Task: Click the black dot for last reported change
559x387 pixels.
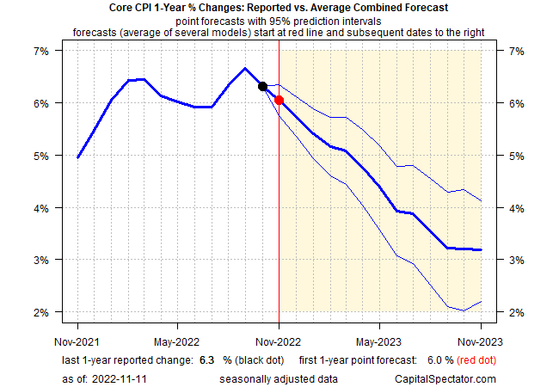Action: pyautogui.click(x=262, y=86)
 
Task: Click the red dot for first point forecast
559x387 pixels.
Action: pyautogui.click(x=279, y=100)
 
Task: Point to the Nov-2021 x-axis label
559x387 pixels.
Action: pyautogui.click(x=77, y=327)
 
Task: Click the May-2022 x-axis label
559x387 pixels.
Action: pyautogui.click(x=177, y=327)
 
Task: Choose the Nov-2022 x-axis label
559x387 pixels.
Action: pyautogui.click(x=279, y=327)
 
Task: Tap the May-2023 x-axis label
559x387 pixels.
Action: pyautogui.click(x=379, y=327)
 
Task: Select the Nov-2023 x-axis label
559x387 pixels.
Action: pyautogui.click(x=480, y=327)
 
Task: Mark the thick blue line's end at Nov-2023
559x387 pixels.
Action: pyautogui.click(x=480, y=249)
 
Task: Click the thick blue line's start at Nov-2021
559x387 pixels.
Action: pyautogui.click(x=77, y=157)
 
